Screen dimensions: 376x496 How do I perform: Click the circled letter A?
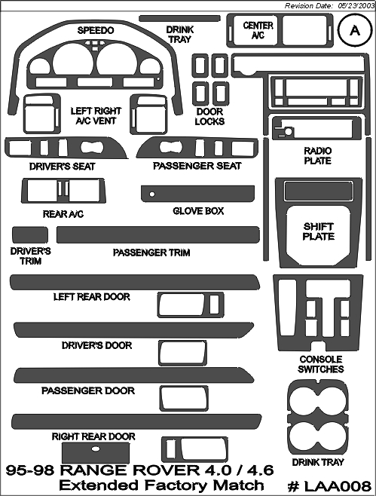355,31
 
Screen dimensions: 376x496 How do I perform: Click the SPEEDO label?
96,30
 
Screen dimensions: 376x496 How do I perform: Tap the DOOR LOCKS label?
209,116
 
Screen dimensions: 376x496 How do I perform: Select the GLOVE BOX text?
198,211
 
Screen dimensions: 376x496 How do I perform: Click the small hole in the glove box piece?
152,194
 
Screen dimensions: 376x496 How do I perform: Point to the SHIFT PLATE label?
319,231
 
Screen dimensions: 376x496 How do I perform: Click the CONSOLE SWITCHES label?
321,364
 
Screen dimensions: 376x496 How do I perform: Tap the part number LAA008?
329,485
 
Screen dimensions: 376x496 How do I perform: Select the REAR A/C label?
63,214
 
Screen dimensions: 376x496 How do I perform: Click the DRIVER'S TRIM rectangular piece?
30,235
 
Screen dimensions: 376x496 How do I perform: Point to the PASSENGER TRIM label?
151,253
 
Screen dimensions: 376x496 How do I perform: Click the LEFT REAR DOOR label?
92,297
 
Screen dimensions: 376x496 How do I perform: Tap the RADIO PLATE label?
317,155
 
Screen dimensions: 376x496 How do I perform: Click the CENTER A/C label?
258,30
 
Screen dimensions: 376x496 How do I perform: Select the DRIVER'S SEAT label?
63,167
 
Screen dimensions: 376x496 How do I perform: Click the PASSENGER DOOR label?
88,390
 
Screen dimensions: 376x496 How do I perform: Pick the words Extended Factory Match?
161,485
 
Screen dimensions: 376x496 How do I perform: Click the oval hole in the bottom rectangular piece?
95,449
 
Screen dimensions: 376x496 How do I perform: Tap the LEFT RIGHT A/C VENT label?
96,116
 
